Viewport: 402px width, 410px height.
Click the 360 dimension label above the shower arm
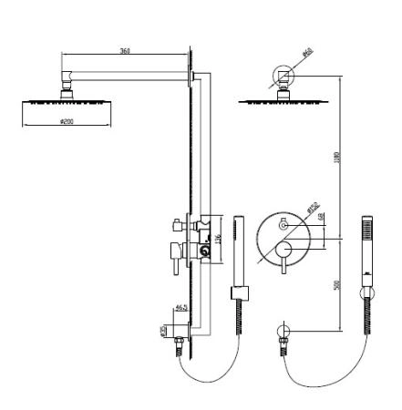(124, 51)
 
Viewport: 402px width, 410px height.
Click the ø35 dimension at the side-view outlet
(164, 331)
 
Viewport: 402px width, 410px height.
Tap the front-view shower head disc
(284, 101)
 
